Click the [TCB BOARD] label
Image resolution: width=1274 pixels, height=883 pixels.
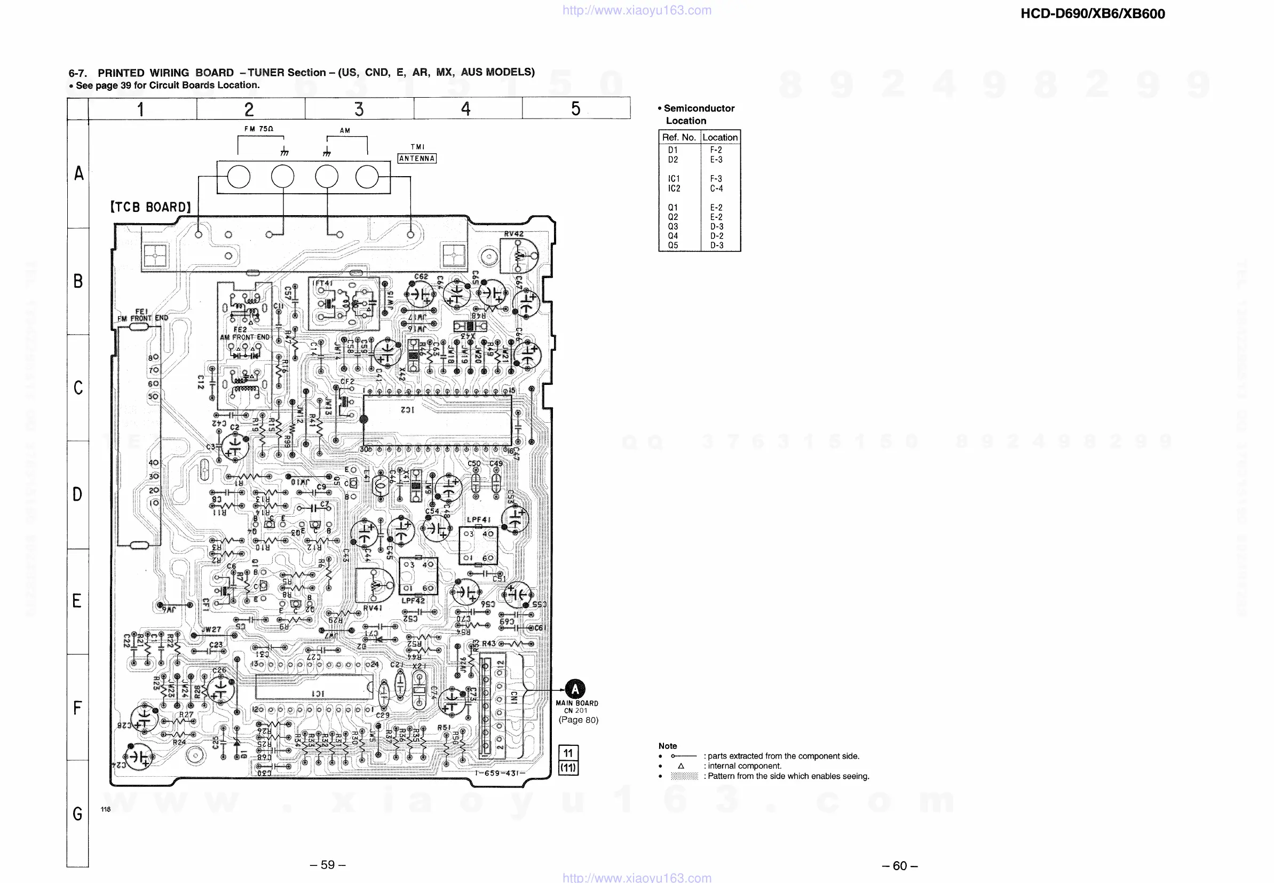tap(151, 207)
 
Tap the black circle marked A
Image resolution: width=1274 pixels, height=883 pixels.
tap(575, 689)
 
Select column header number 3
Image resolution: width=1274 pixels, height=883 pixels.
tap(359, 109)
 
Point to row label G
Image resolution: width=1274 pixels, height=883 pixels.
tap(77, 814)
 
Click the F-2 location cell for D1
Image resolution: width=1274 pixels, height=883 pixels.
tap(716, 150)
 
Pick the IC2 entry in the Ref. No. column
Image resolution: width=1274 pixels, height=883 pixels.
tap(674, 188)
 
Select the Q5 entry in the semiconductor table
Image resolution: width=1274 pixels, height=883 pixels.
tap(673, 246)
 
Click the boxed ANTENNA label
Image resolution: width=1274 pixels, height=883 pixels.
tap(417, 159)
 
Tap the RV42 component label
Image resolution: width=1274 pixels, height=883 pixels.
tap(513, 234)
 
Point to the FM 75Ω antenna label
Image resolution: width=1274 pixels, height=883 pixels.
tap(259, 129)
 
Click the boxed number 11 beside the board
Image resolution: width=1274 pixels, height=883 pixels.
tap(568, 753)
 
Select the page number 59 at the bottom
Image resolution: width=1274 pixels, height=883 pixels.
tap(328, 865)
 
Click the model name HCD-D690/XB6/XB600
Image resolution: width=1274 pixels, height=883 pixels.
tap(1092, 14)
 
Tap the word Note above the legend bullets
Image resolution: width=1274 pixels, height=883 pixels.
tap(667, 746)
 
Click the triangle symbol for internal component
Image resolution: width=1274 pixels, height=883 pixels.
tap(680, 766)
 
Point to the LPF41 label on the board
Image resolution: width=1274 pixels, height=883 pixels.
tap(479, 519)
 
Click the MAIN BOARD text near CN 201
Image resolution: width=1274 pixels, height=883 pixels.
tap(577, 703)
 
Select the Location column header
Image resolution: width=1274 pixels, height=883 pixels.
tap(720, 137)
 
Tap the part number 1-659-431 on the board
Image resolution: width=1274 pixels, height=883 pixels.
tap(500, 773)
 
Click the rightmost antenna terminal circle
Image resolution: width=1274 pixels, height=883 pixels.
tap(367, 178)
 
